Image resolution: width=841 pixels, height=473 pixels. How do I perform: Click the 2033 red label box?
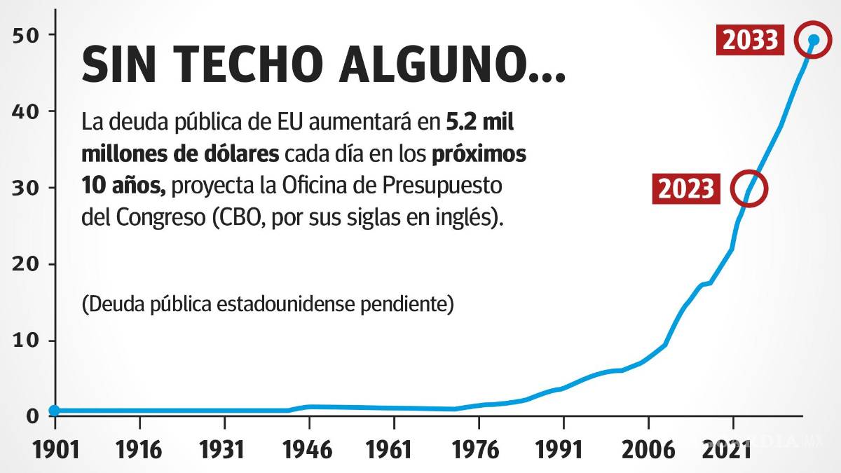point(751,41)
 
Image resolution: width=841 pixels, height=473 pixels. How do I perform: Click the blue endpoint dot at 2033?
point(814,40)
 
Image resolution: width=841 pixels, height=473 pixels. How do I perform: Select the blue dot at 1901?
point(55,411)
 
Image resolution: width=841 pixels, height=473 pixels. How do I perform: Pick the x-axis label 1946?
point(309,449)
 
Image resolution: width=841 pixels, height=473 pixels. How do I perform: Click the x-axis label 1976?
point(479,449)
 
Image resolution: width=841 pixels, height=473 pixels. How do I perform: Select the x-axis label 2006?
point(648,449)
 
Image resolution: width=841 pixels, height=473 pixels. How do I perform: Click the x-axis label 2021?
point(733,449)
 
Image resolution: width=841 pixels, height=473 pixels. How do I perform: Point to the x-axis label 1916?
point(139,449)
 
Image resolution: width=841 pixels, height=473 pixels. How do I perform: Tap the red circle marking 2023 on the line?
point(749,188)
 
